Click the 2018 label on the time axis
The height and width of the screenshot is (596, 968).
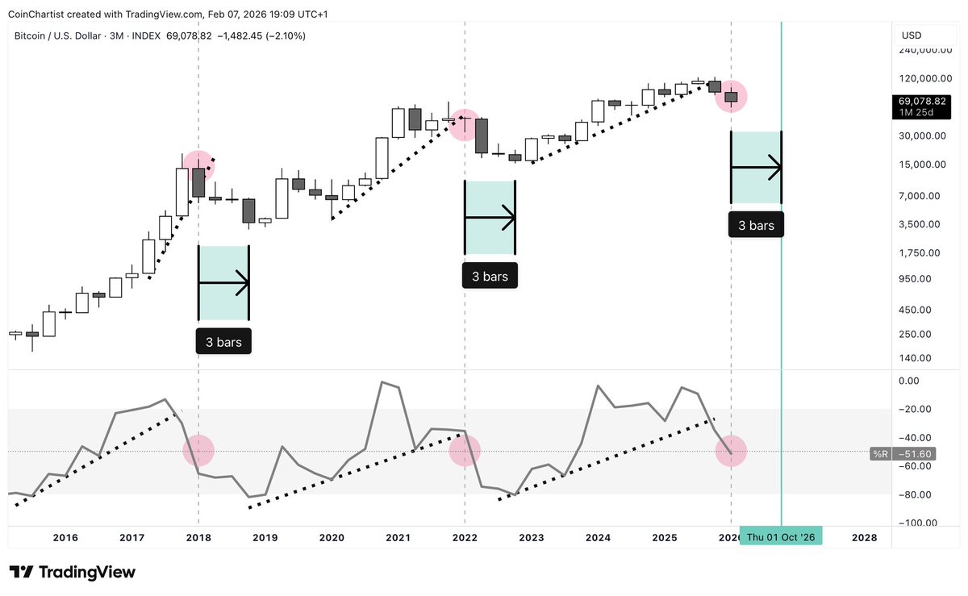click(x=198, y=537)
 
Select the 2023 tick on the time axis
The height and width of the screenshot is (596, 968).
click(x=531, y=537)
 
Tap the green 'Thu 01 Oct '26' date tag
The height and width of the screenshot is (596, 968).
click(x=781, y=537)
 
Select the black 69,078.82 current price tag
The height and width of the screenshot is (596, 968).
click(x=921, y=106)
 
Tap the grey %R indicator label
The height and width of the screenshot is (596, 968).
click(x=881, y=454)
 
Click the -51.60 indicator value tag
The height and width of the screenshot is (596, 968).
click(x=915, y=454)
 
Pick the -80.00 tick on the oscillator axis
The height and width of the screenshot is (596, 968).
click(x=915, y=494)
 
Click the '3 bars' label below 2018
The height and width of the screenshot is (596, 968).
click(x=223, y=342)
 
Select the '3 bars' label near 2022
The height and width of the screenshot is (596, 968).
click(x=490, y=276)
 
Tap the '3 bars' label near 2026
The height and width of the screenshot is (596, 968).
click(x=756, y=225)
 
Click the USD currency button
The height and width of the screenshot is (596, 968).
click(x=912, y=35)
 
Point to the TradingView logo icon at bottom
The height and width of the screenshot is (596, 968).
click(x=21, y=573)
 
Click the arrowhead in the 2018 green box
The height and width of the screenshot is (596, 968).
click(x=243, y=283)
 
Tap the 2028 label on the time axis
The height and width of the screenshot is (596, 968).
click(x=864, y=537)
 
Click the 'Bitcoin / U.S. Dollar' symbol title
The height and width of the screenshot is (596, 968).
click(x=57, y=35)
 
